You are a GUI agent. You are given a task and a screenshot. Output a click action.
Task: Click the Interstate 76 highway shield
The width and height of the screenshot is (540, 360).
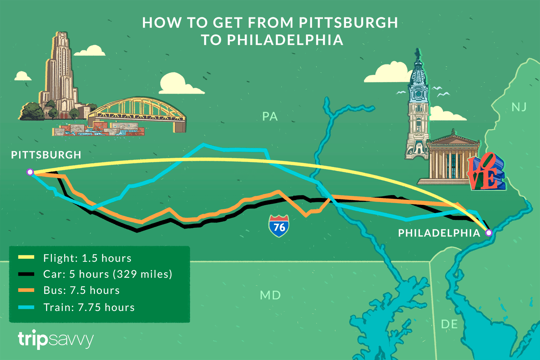(x=279, y=226)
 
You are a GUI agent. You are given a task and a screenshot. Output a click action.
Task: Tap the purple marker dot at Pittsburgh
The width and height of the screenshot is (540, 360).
(x=30, y=172)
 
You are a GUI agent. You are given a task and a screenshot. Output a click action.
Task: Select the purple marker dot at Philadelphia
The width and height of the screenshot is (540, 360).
(x=489, y=233)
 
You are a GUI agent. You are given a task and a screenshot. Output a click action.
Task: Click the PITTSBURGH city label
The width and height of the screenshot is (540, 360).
(x=46, y=155)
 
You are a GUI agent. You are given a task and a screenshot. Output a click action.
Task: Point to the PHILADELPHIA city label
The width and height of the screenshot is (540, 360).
(x=439, y=233)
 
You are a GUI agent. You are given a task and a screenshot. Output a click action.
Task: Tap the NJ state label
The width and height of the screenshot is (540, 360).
(x=519, y=107)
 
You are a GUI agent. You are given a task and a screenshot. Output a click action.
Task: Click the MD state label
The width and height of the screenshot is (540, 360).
(x=270, y=295)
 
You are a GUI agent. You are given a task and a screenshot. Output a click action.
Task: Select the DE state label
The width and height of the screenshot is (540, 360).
(x=449, y=324)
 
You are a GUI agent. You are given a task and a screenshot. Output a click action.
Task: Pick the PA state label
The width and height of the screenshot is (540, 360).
(x=270, y=116)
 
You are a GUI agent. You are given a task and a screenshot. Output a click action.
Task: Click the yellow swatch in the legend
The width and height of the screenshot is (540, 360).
(x=26, y=257)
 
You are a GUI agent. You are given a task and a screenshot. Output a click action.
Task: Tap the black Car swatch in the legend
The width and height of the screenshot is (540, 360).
(x=26, y=274)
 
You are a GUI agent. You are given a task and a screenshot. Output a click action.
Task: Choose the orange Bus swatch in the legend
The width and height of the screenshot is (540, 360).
(x=26, y=290)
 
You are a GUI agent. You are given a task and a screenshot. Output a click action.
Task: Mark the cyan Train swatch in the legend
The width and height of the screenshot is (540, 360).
(x=26, y=307)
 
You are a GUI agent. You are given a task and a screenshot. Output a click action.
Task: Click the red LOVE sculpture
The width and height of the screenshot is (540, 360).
(x=486, y=172)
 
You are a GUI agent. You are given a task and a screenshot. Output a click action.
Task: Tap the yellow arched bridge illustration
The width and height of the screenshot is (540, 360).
(x=140, y=110)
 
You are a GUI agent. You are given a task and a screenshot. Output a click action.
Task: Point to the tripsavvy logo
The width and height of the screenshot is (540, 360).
(x=56, y=339)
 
